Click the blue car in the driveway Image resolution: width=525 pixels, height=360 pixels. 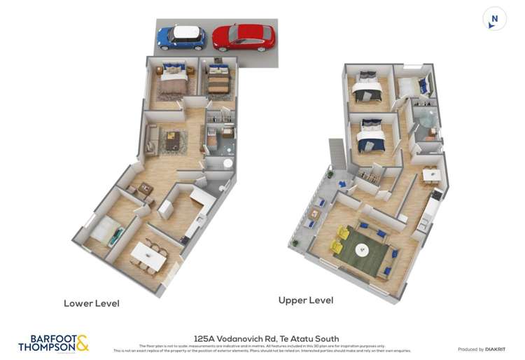click(181, 37)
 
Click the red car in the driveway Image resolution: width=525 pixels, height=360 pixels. click(243, 37)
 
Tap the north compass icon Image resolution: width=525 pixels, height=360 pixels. click(494, 19)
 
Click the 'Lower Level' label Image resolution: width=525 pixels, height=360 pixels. click(91, 303)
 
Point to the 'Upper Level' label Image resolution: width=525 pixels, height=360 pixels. click(305, 300)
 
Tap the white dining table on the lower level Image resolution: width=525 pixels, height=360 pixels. click(149, 255)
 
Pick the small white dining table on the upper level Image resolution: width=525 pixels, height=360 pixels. click(431, 174)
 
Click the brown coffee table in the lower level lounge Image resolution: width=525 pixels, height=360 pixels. click(172, 141)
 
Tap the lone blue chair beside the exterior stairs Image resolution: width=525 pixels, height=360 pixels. click(342, 184)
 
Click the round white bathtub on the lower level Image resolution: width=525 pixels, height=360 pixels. click(225, 162)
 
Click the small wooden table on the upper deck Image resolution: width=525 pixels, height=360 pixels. click(314, 214)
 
